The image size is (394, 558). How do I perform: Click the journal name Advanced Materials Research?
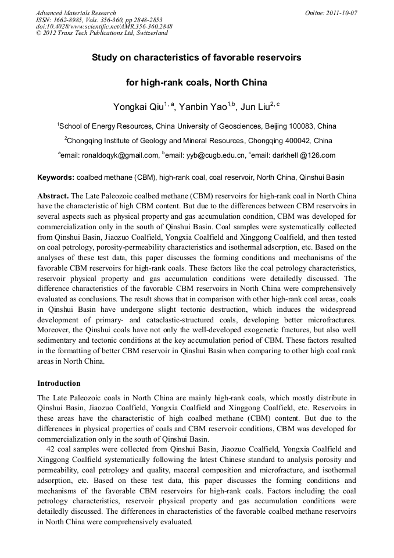tap(76, 13)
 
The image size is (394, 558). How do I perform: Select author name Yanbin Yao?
tap(200, 106)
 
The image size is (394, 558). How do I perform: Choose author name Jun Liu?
tap(252, 106)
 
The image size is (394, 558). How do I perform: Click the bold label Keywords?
tap(56, 177)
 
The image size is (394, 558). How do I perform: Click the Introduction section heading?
tap(59, 383)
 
